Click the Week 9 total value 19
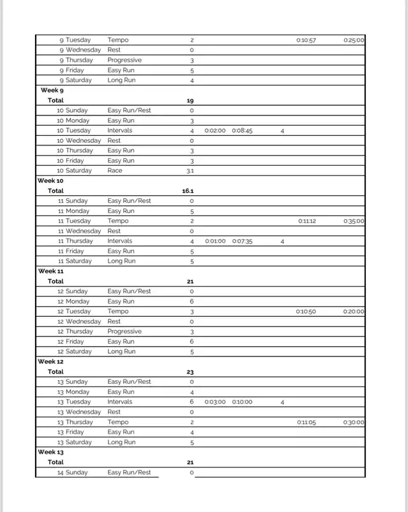(190, 101)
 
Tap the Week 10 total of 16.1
(188, 191)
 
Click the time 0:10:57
(306, 40)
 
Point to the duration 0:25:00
(354, 40)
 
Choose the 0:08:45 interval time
(242, 131)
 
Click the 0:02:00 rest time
(215, 131)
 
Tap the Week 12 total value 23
(190, 372)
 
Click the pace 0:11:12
(308, 221)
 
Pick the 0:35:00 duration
(354, 221)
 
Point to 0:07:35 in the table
(242, 242)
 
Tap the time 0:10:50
(306, 312)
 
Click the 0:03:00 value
(215, 402)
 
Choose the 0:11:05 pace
(307, 422)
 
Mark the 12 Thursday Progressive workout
(124, 332)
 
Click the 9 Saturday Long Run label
(121, 80)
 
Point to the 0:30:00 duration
(354, 422)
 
